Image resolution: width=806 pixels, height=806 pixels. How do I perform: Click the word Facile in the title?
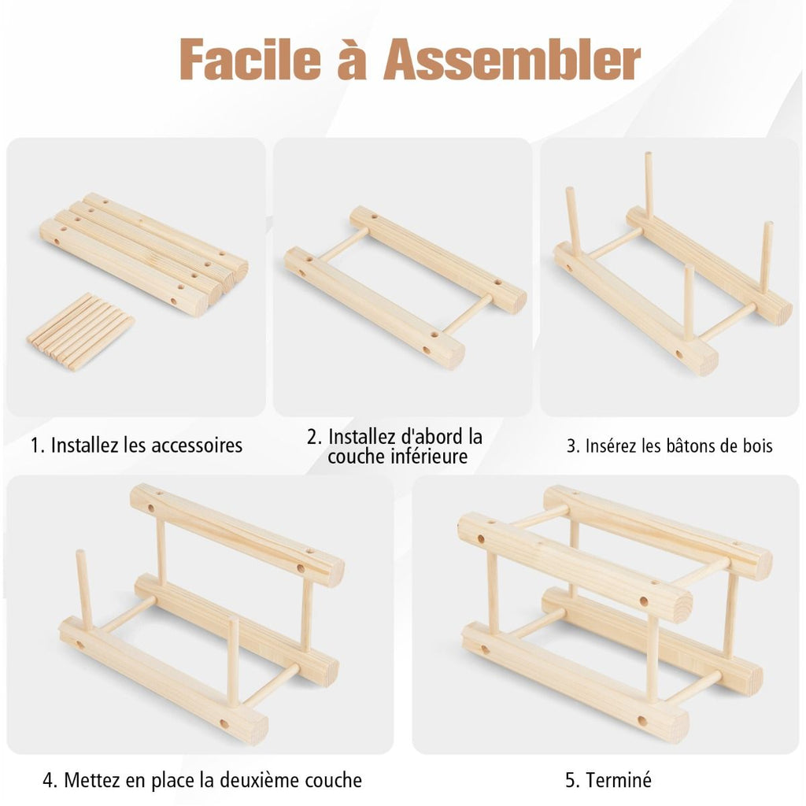pyautogui.click(x=250, y=60)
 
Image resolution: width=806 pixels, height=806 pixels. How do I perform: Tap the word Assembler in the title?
pyautogui.click(x=512, y=60)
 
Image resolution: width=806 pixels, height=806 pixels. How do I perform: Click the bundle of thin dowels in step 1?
pyautogui.click(x=80, y=331)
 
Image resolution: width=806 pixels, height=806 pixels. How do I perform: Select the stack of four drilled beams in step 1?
pyautogui.click(x=144, y=254)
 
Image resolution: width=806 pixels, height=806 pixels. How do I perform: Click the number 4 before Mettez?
pyautogui.click(x=49, y=780)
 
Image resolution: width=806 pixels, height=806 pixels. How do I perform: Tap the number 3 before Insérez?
pyautogui.click(x=571, y=446)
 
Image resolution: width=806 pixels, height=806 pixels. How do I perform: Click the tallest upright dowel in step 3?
pyautogui.click(x=649, y=184)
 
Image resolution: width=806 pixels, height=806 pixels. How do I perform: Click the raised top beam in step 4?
pyautogui.click(x=238, y=535)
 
